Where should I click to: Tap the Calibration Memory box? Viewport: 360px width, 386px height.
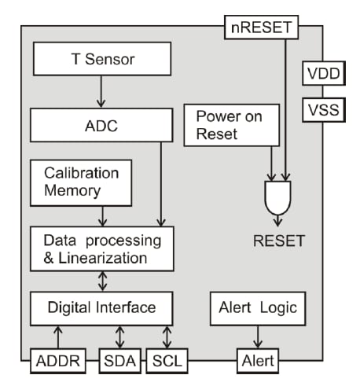[80, 181]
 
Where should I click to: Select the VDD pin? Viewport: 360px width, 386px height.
[322, 75]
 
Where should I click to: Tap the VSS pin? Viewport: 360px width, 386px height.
[322, 109]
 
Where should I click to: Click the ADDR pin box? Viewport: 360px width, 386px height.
[55, 362]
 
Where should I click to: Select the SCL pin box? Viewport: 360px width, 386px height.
[167, 362]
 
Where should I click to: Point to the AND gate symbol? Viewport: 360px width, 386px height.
[280, 197]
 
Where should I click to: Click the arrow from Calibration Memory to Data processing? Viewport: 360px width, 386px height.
[102, 215]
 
